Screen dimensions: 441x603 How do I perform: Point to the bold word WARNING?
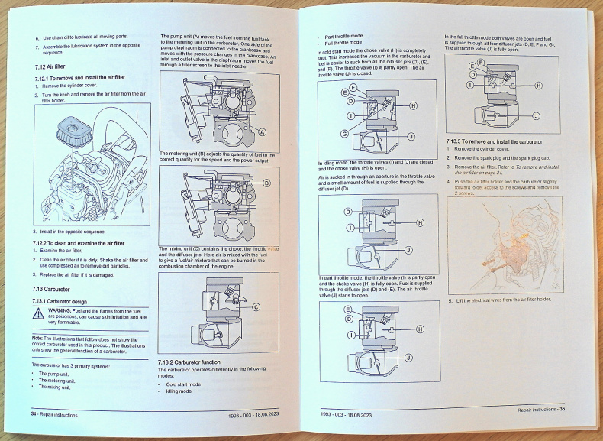point(60,311)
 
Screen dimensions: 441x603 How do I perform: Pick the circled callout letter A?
point(263,132)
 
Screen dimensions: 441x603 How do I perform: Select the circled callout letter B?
point(266,183)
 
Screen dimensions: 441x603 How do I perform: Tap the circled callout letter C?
point(256,307)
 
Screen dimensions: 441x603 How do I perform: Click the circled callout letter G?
point(344,134)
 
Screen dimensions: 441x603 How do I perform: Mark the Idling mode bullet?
point(178,391)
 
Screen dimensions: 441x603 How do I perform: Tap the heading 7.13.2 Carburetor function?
point(189,361)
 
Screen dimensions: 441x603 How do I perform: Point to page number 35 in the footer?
point(561,410)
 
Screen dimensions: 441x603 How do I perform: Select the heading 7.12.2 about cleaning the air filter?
point(79,243)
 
